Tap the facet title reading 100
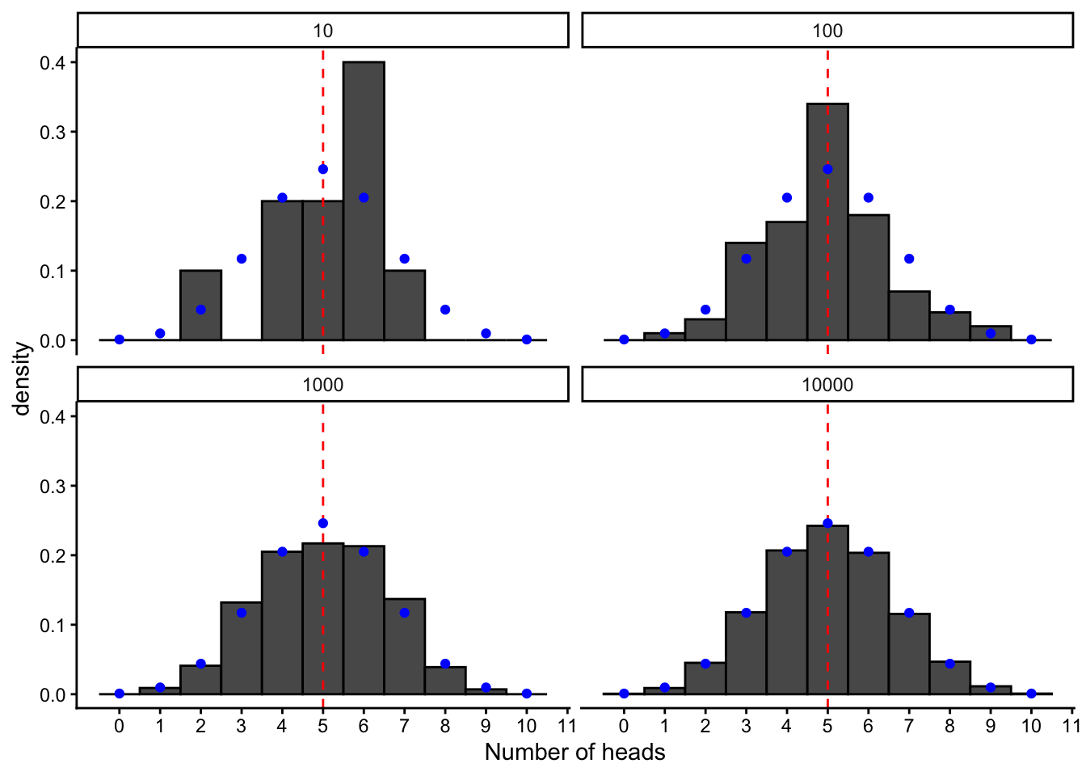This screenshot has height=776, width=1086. [827, 31]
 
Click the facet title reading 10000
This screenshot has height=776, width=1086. [827, 385]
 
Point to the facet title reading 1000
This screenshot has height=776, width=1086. [322, 385]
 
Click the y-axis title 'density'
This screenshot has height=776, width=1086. [22, 378]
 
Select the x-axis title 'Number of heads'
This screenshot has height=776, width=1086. [575, 753]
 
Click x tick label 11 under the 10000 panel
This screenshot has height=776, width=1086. [1071, 726]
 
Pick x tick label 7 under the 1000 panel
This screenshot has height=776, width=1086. [404, 726]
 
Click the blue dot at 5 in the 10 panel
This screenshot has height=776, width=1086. [323, 169]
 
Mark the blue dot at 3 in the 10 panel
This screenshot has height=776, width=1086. [242, 259]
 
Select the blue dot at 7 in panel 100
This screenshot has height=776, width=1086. [909, 259]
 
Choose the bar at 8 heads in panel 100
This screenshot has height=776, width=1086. [949, 327]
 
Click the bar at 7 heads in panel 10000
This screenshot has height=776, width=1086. [909, 654]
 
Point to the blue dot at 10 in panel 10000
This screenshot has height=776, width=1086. [1031, 694]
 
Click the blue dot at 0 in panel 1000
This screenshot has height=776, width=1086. [120, 694]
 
